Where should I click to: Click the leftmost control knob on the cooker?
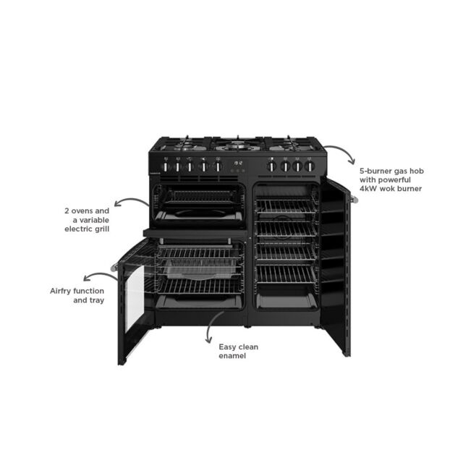[x=166, y=167]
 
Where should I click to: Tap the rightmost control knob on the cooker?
[x=309, y=166]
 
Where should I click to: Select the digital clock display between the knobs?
[x=238, y=163]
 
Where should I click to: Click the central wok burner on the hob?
[x=238, y=145]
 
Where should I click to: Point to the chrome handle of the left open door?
[x=114, y=268]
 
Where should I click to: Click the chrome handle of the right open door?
[x=354, y=200]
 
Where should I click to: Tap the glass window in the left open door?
[x=135, y=297]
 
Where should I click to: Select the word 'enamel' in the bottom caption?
[x=232, y=356]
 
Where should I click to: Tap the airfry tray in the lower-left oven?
[x=201, y=270]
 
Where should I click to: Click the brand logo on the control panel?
[x=156, y=174]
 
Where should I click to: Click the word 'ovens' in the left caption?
[x=82, y=211]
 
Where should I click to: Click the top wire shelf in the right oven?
[x=286, y=206]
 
